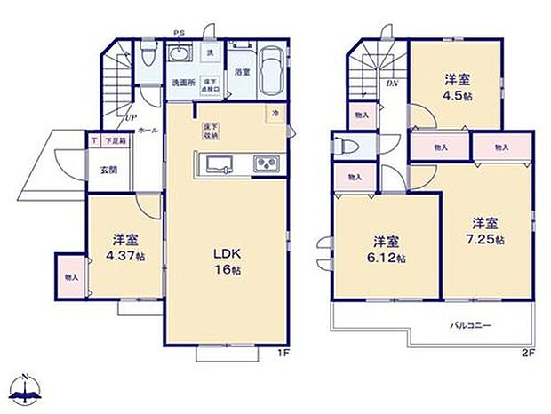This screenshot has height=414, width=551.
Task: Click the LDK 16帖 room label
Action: [223, 258]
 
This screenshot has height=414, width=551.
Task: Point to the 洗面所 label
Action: [183, 83]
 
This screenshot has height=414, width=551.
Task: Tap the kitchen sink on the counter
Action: [219, 164]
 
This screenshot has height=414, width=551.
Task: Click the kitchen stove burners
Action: [267, 163]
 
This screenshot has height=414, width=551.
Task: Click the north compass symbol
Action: [27, 387]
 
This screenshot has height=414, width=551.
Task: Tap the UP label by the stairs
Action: [130, 116]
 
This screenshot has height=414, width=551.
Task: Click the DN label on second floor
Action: [392, 84]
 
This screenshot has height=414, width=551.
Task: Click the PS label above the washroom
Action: [179, 35]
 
